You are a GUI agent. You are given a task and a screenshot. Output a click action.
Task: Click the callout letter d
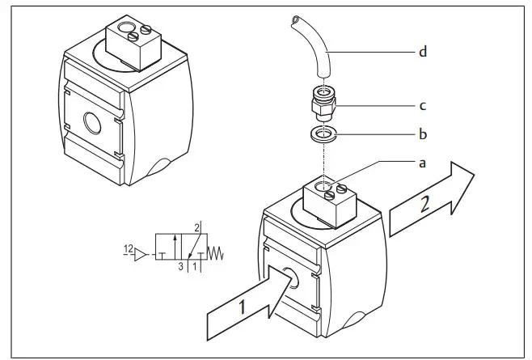pos(423,54)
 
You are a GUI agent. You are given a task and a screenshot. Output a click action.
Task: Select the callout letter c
pos(423,105)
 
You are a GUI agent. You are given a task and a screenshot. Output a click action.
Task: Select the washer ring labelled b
pos(323,133)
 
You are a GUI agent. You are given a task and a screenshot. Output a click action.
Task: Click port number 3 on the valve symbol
pos(182,265)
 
